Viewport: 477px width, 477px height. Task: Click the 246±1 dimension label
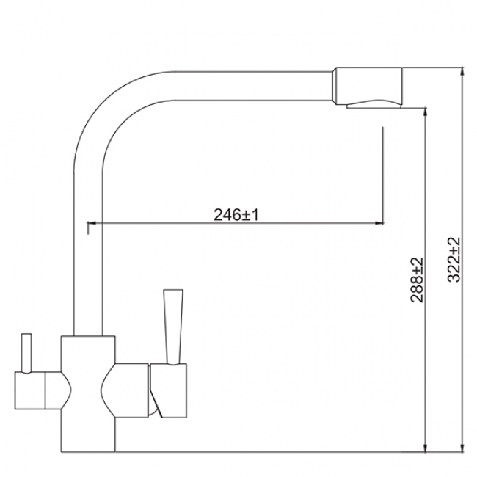236,215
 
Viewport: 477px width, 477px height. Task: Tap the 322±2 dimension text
454,260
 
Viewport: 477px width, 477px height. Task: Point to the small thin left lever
26,354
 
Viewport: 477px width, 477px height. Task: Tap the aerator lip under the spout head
374,105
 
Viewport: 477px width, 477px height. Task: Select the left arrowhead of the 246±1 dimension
92,223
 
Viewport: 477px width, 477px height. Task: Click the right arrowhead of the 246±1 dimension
379,223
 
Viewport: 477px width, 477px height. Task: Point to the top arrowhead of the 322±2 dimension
462,71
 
